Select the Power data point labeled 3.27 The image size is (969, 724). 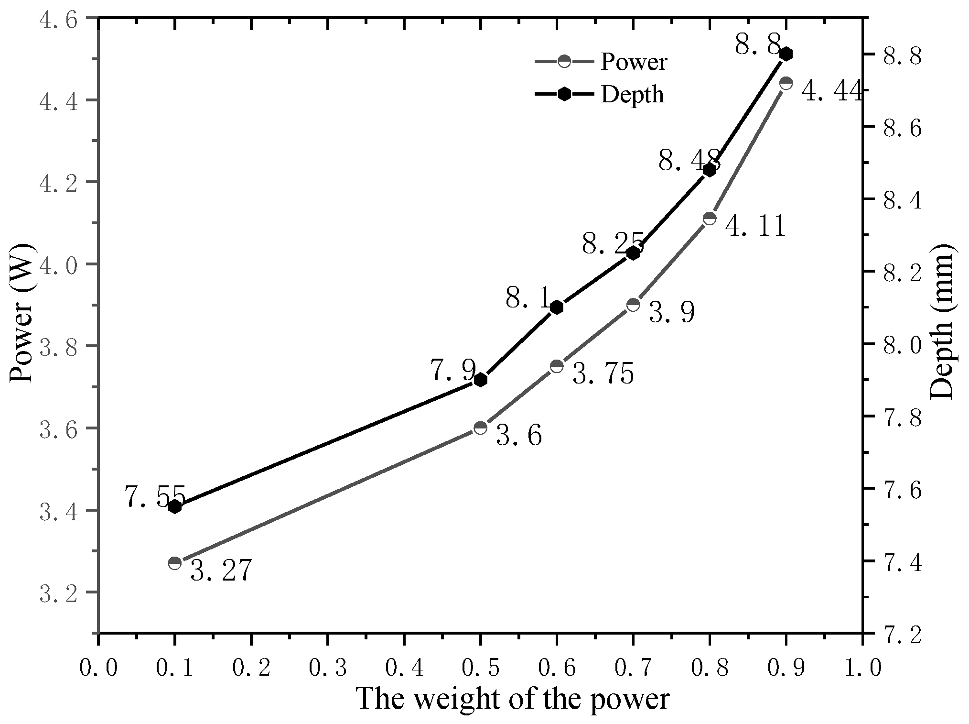(x=175, y=563)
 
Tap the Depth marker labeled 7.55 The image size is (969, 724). (x=175, y=506)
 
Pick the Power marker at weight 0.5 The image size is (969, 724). (x=481, y=428)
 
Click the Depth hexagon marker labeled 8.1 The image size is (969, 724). (x=557, y=307)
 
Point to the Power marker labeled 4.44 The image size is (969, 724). (x=786, y=83)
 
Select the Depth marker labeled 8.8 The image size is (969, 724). (x=786, y=54)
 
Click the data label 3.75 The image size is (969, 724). (x=603, y=373)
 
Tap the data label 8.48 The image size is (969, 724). (x=689, y=161)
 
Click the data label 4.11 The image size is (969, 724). (x=755, y=226)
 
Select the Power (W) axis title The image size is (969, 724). (x=22, y=313)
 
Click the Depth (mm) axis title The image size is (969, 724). (x=942, y=320)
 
